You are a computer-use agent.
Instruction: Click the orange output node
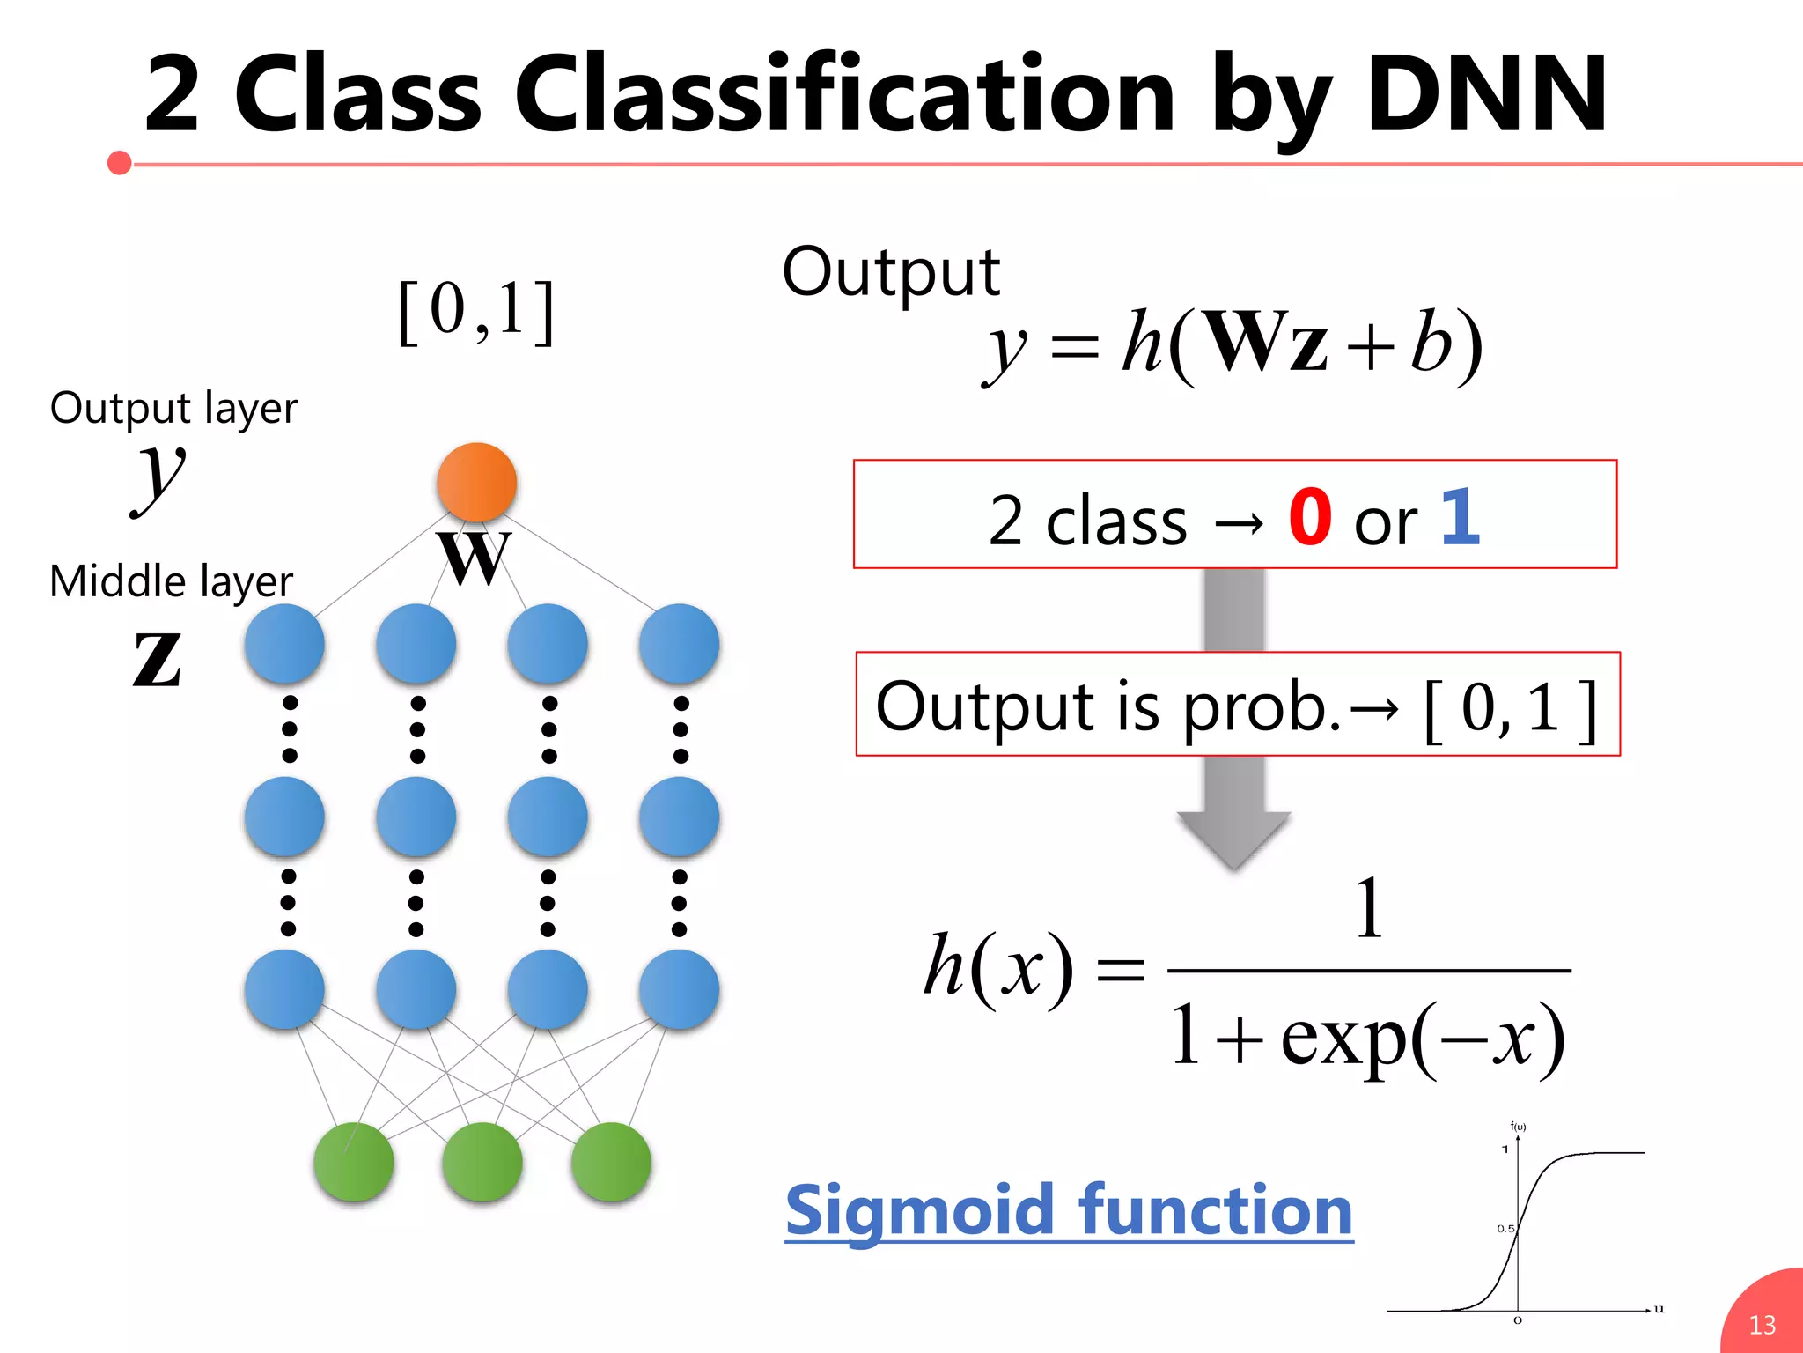pyautogui.click(x=476, y=482)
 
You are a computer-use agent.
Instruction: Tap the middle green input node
pyautogui.click(x=482, y=1162)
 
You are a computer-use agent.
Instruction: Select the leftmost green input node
pyautogui.click(x=353, y=1162)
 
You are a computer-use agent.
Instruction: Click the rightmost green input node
pyautogui.click(x=611, y=1162)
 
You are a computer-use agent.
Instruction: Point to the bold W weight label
pyautogui.click(x=475, y=558)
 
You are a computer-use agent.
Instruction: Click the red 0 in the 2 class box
pyautogui.click(x=1309, y=518)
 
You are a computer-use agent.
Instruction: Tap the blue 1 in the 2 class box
pyautogui.click(x=1460, y=518)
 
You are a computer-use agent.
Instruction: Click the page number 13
pyautogui.click(x=1762, y=1325)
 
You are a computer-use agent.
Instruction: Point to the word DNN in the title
pyautogui.click(x=1486, y=93)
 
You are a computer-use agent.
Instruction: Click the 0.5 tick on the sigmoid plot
pyautogui.click(x=1505, y=1229)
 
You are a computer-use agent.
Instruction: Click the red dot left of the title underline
pyautogui.click(x=119, y=163)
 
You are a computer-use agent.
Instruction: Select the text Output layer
pyautogui.click(x=173, y=409)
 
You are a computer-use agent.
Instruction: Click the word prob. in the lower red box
pyautogui.click(x=1261, y=708)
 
